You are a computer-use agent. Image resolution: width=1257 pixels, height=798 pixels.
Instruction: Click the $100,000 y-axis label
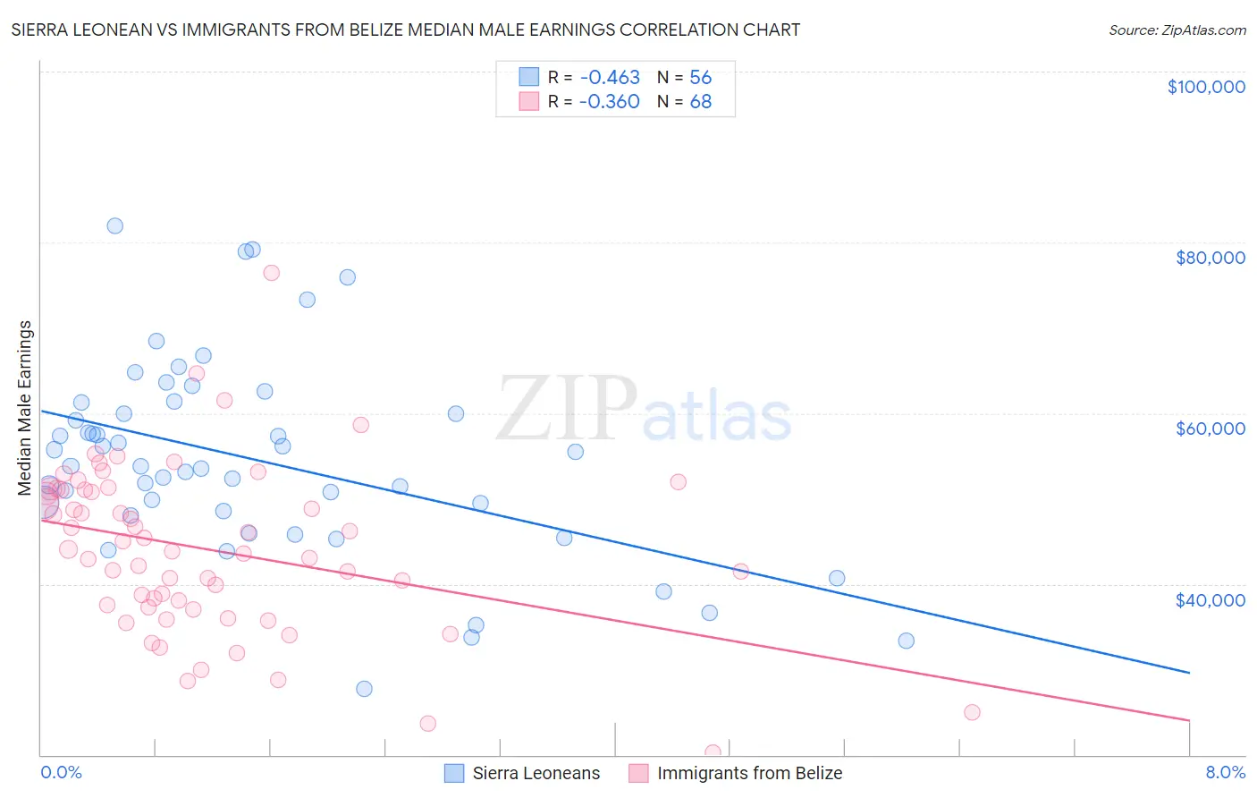[x=1206, y=87]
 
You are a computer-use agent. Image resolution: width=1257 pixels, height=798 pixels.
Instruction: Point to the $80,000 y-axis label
[x=1210, y=258]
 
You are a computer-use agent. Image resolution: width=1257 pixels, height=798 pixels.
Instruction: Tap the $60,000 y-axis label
[x=1210, y=429]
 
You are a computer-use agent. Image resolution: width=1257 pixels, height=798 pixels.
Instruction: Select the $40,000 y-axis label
[x=1210, y=600]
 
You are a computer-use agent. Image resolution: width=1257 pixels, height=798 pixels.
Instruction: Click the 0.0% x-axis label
[x=61, y=772]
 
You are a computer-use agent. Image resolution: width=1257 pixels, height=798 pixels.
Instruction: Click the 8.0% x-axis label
[x=1225, y=772]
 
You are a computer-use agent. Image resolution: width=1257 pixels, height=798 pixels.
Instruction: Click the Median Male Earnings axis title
[x=25, y=408]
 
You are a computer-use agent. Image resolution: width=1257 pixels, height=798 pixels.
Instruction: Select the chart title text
[x=405, y=30]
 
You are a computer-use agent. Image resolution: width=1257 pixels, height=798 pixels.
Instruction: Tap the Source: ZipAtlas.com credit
[x=1177, y=30]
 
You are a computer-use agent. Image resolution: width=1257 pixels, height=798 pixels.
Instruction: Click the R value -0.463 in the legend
[x=609, y=77]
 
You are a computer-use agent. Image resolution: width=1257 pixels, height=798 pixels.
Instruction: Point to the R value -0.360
[x=609, y=101]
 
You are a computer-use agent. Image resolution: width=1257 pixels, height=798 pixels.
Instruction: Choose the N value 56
[x=700, y=77]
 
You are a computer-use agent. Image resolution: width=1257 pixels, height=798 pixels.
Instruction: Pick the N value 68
[x=700, y=101]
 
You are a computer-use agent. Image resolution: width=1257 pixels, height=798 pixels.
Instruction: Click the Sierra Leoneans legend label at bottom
[x=536, y=773]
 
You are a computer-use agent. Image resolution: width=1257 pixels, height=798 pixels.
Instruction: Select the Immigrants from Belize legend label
[x=749, y=773]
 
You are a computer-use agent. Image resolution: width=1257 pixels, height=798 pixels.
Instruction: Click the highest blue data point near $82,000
[x=114, y=225]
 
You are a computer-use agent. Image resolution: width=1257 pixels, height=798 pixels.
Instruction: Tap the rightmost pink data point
[x=972, y=712]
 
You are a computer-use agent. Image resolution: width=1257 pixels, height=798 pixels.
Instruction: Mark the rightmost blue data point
[x=906, y=641]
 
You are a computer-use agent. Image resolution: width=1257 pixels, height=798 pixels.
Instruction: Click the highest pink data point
[x=272, y=273]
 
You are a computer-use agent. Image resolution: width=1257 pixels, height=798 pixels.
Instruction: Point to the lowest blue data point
[x=364, y=689]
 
